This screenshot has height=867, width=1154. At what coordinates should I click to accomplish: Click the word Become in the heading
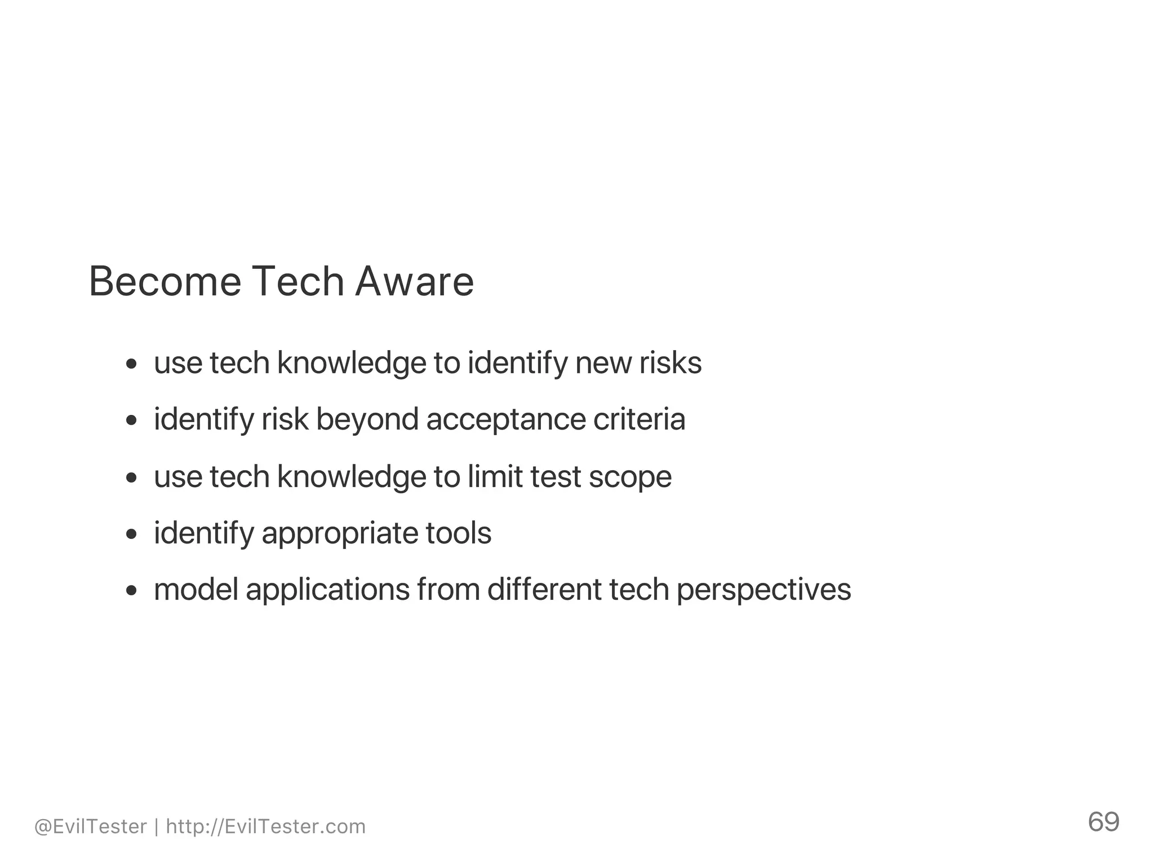[165, 281]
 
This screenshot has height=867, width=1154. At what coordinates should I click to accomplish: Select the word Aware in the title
[414, 281]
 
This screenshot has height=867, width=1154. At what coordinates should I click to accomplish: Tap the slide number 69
[1103, 822]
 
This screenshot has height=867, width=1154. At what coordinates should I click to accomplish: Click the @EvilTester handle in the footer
[90, 826]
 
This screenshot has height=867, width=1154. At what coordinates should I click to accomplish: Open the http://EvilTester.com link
[266, 826]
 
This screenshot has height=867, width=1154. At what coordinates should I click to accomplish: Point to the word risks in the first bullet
[671, 362]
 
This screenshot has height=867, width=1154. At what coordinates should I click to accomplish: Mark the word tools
[458, 533]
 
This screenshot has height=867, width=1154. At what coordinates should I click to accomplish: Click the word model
[196, 590]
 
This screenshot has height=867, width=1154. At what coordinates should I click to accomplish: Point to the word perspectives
[764, 590]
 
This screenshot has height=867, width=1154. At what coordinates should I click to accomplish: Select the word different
[544, 590]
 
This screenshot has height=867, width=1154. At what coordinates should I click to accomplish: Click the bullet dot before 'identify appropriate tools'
[131, 534]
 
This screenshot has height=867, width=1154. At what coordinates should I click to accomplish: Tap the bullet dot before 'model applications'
[131, 590]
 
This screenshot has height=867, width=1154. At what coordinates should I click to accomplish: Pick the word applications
[327, 590]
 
